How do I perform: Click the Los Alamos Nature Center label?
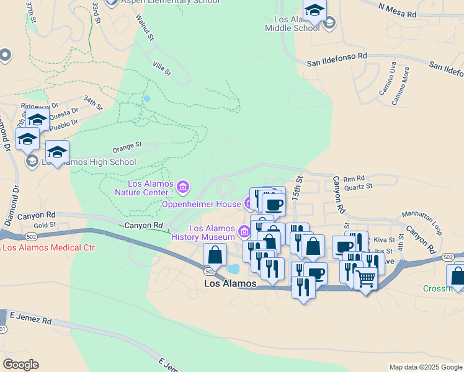142,187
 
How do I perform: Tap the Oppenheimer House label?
201,204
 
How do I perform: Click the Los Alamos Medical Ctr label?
48,247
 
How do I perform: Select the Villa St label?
161,68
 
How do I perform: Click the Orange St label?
127,148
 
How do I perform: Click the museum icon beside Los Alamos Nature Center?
182,186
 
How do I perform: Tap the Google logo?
20,365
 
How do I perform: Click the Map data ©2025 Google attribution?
425,367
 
